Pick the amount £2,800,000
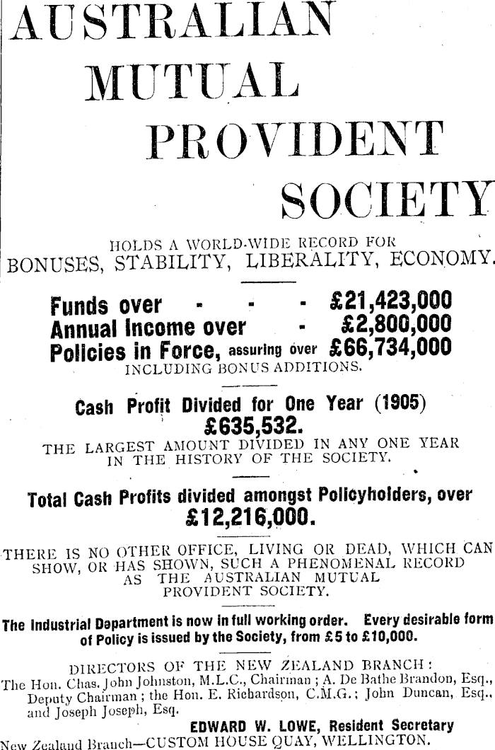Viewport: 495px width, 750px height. [396, 326]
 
